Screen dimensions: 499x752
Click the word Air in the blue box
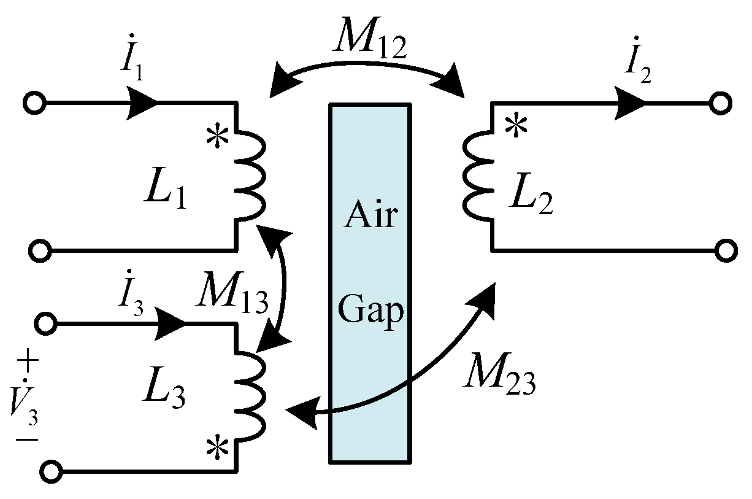click(x=370, y=216)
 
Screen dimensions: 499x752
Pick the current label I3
click(x=132, y=300)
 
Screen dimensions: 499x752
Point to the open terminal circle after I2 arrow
click(x=721, y=104)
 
